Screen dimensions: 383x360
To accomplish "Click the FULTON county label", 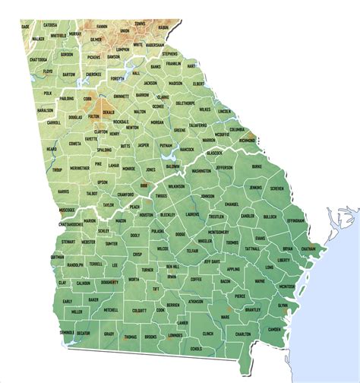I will tap(94, 116).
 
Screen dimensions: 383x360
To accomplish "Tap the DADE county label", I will tap(26, 27).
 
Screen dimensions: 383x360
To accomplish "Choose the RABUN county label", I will tap(163, 27).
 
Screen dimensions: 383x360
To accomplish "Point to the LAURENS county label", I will tap(193, 214).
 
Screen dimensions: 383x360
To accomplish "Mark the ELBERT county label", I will tap(199, 84).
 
